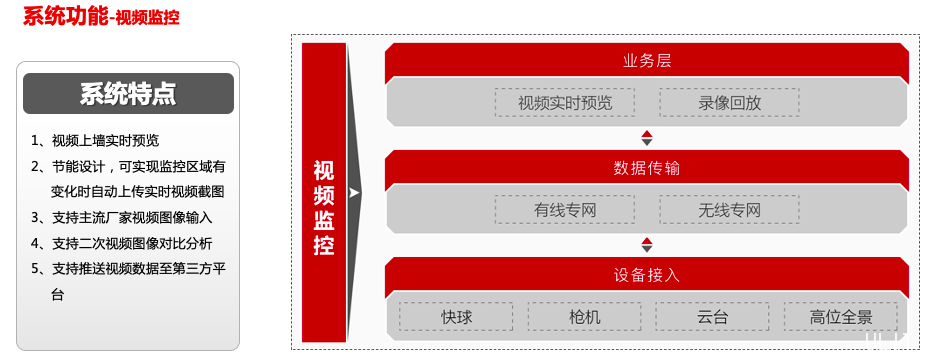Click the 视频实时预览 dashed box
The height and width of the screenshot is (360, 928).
coord(564,102)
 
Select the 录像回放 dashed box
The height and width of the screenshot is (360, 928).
coord(729,102)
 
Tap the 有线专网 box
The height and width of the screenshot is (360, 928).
coord(564,209)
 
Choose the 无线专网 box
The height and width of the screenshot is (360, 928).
coord(729,209)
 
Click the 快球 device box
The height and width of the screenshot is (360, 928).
coord(456,317)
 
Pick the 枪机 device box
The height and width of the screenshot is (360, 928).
coord(584,317)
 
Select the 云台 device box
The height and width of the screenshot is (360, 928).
coord(712,317)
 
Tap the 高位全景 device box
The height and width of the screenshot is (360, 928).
coord(840,317)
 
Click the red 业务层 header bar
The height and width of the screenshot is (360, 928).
coord(646,60)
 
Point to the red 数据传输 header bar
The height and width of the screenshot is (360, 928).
coord(646,167)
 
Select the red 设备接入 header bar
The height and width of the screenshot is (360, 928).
coord(646,274)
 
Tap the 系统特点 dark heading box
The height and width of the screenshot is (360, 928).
coord(128,94)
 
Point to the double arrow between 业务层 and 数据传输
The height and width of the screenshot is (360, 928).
coord(647,137)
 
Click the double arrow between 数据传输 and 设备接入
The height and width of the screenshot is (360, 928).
coord(647,244)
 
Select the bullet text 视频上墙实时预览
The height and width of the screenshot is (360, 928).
coord(105,140)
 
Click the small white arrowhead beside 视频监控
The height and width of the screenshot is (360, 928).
coord(354,192)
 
